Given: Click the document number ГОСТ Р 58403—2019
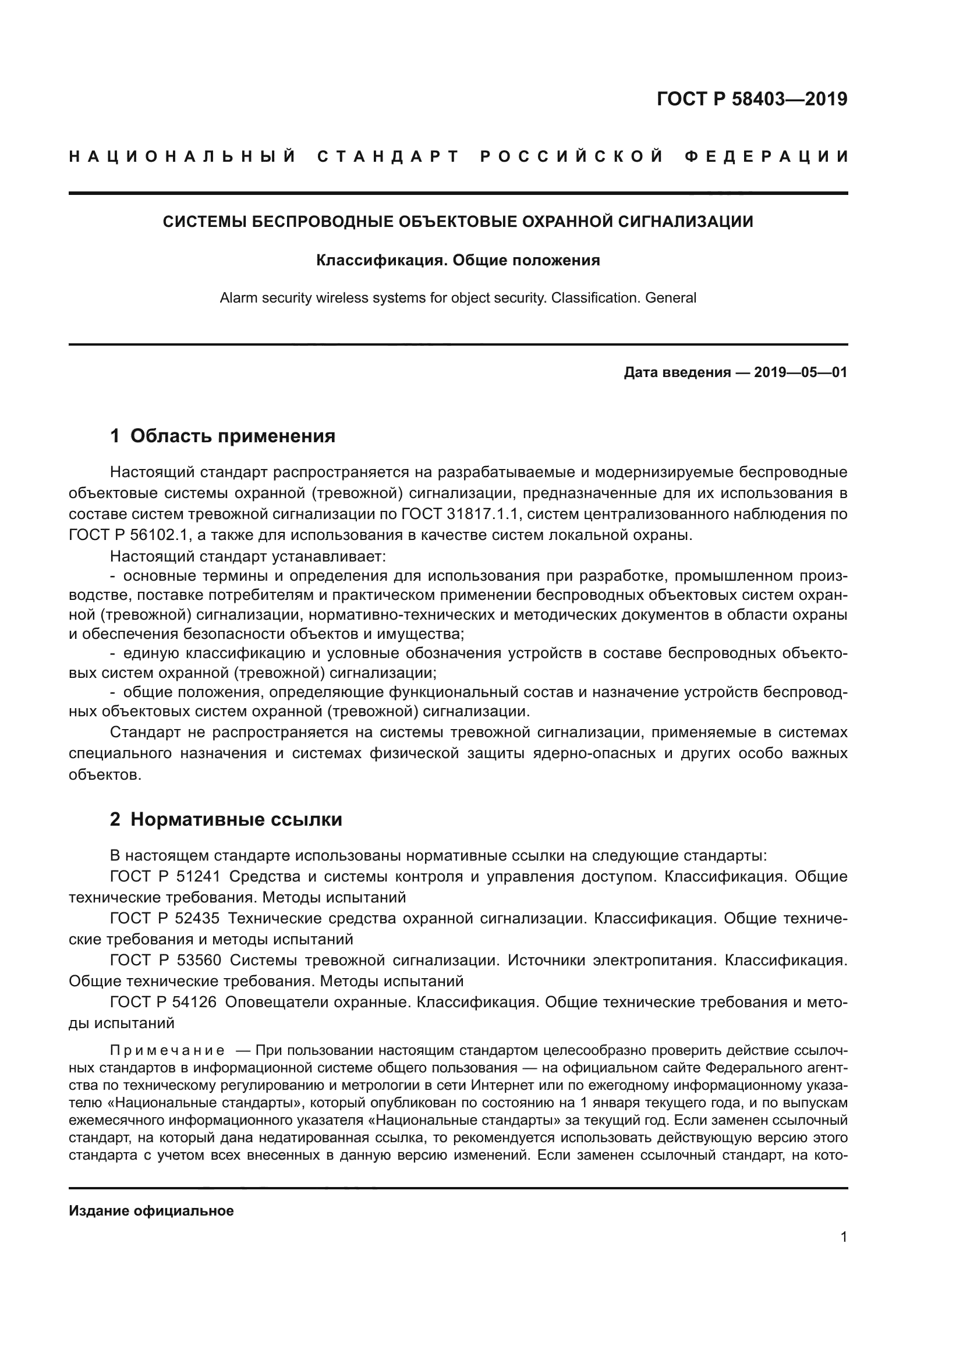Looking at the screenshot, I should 752,99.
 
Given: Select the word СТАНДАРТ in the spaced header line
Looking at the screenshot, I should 388,157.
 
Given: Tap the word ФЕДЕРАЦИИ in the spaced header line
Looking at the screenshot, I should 766,157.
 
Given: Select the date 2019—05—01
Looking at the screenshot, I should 801,372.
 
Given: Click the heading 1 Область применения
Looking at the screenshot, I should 222,436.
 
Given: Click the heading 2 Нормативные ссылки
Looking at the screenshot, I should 226,819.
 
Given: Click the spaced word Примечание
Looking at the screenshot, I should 168,1051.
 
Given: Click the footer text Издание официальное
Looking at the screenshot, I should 151,1211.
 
